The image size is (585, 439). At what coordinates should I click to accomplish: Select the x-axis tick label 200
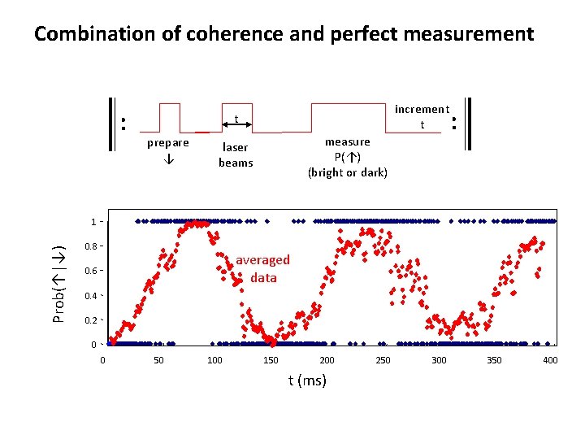point(327,360)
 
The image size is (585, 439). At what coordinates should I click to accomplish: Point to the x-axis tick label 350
point(494,360)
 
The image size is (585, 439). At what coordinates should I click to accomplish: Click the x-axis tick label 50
point(159,360)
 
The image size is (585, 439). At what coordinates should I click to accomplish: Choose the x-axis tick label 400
point(550,360)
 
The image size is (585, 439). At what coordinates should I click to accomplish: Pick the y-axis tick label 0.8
point(91,246)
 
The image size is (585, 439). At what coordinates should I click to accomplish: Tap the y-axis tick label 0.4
point(91,296)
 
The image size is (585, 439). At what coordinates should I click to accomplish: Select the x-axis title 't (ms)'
point(307,380)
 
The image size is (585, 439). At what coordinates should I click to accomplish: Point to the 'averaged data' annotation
point(262,269)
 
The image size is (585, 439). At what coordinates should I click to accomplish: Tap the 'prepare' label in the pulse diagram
point(167,143)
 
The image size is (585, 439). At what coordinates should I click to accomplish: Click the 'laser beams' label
point(236,155)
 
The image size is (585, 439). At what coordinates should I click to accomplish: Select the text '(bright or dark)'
point(347,172)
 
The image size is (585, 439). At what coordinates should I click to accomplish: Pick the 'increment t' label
point(422,116)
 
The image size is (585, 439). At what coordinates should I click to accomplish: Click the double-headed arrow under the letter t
point(236,127)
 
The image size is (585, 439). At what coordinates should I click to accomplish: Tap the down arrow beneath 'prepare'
point(167,159)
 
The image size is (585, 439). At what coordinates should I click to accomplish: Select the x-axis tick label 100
point(214,360)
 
